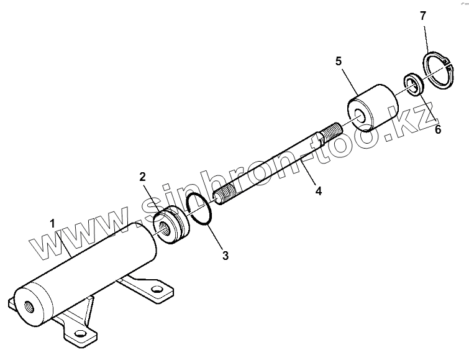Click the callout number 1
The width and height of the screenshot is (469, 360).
pyautogui.click(x=53, y=223)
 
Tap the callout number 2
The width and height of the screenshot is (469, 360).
pyautogui.click(x=142, y=176)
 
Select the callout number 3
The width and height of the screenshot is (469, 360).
pyautogui.click(x=225, y=255)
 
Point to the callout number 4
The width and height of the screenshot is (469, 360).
pyautogui.click(x=318, y=191)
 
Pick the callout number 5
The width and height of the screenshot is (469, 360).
pyautogui.click(x=339, y=61)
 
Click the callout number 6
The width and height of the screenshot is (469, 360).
pyautogui.click(x=437, y=130)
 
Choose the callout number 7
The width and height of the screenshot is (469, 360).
pyautogui.click(x=423, y=16)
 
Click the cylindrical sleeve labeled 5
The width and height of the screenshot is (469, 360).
pyautogui.click(x=373, y=107)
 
